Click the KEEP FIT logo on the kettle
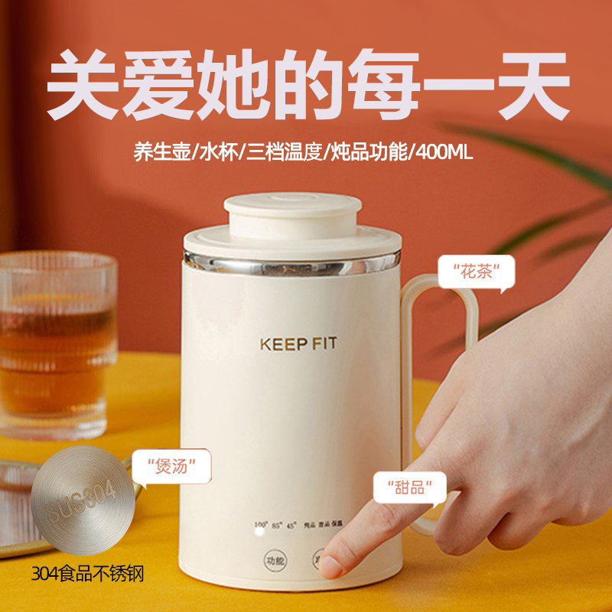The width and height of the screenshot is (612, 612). pyautogui.click(x=298, y=343)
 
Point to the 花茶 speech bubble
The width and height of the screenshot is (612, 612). pyautogui.click(x=475, y=272)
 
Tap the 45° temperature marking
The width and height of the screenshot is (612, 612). pyautogui.click(x=291, y=526)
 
